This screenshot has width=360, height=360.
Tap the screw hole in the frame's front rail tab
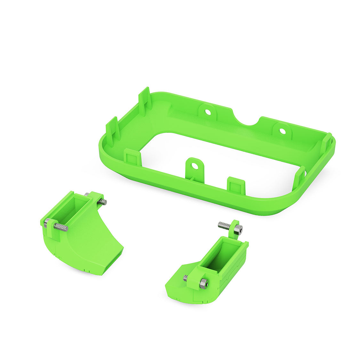click(194, 166)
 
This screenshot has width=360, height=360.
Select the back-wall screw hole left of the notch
click(207, 112)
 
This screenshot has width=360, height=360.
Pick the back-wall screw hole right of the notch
click(282, 131)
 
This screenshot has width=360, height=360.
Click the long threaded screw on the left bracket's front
click(61, 227)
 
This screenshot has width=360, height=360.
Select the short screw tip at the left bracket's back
click(102, 202)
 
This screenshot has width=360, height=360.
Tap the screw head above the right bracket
click(238, 229)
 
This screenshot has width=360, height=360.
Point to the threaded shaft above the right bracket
click(224, 226)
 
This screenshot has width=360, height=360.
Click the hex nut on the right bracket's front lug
click(203, 283)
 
